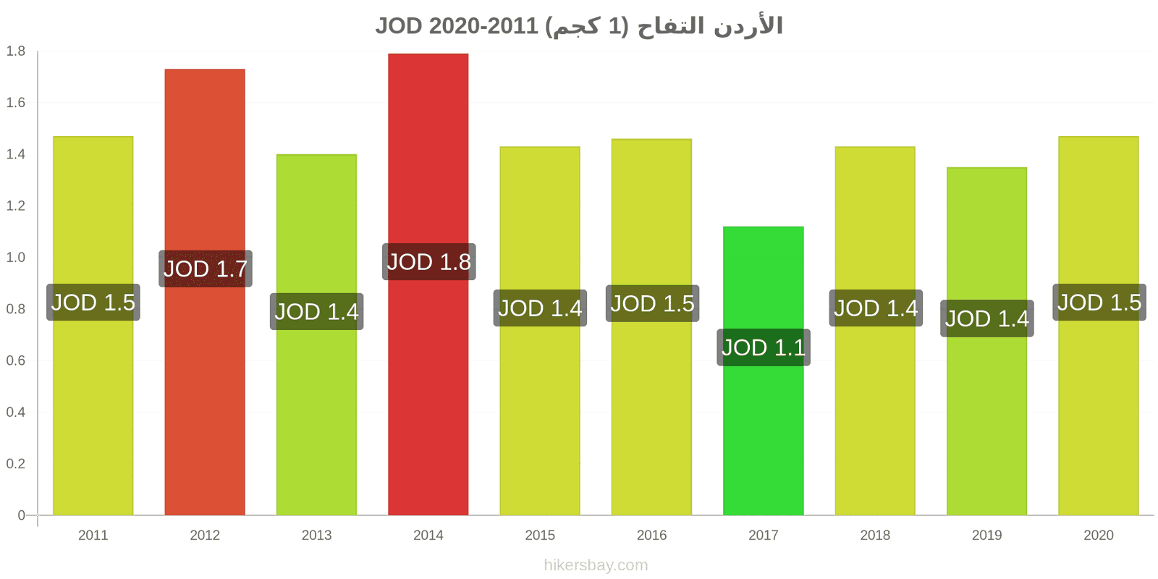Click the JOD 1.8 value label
428,262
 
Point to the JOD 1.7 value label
206,269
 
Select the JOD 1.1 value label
763,347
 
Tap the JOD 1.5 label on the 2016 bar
652,303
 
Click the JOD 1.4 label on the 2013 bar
316,311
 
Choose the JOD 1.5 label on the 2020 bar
1099,303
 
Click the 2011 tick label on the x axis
93,535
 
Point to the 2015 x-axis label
540,535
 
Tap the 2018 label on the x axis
875,535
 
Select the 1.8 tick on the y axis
15,51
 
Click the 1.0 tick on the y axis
15,257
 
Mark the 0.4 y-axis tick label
15,412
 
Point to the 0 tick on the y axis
21,515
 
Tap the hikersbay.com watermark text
596,565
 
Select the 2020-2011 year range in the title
483,26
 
